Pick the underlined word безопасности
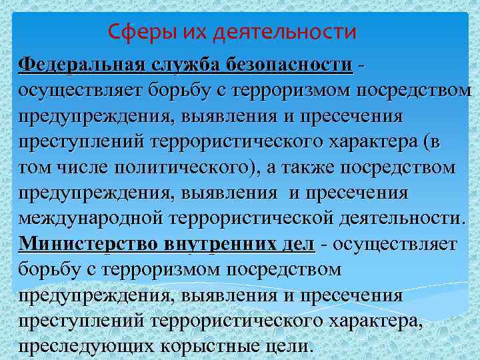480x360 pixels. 291,65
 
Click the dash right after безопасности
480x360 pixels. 361,65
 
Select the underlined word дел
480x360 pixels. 297,243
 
